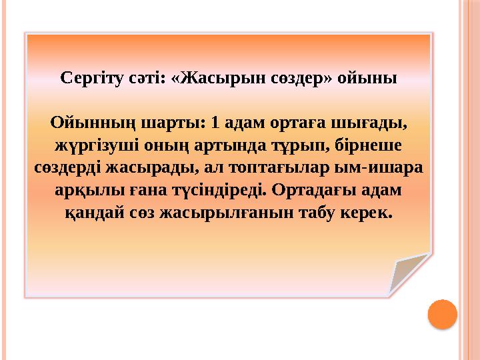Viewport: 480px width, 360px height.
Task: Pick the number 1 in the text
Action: click(214, 124)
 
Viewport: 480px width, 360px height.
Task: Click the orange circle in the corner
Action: click(441, 315)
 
